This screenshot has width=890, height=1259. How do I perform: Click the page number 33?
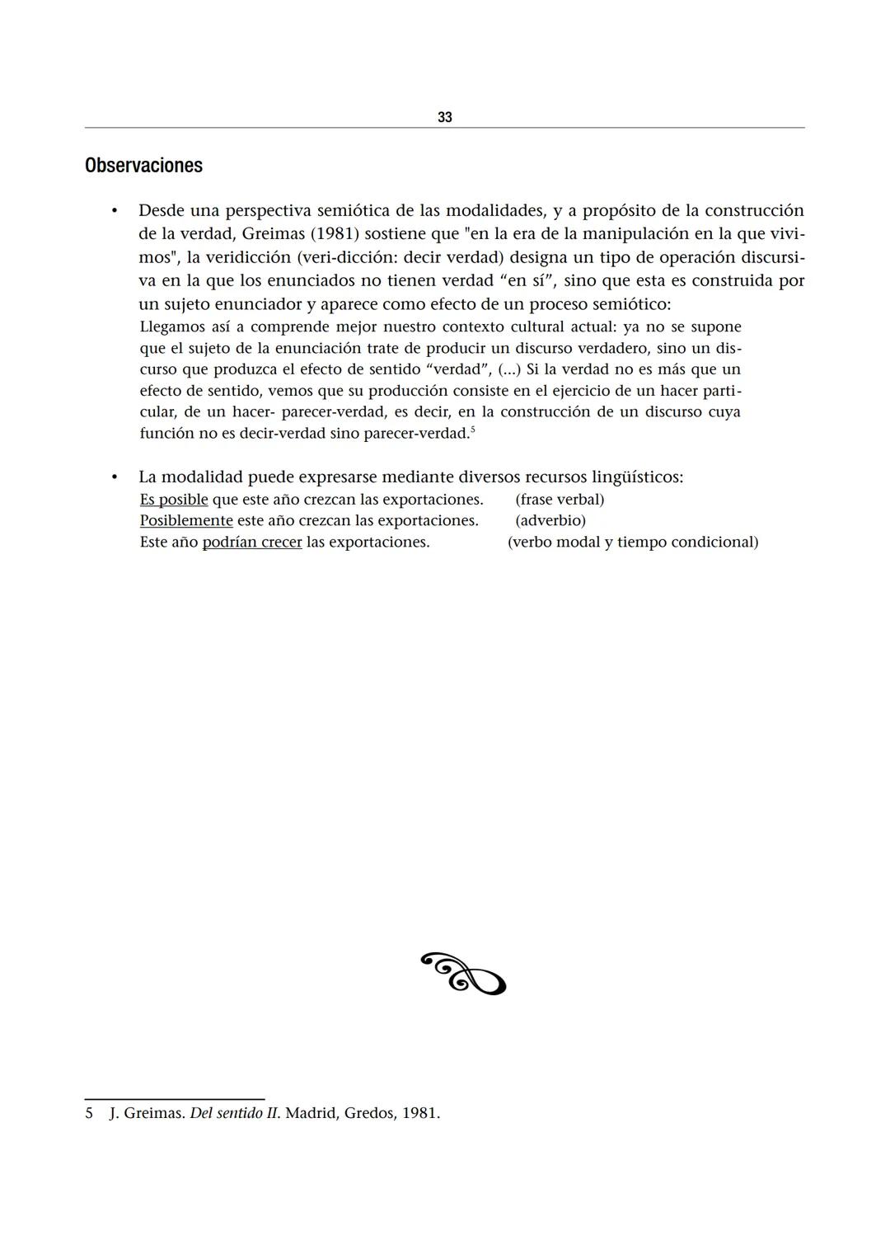444,117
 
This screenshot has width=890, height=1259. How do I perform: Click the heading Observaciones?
143,166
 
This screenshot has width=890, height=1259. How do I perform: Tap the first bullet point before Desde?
115,211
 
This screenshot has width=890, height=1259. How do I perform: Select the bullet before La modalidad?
115,477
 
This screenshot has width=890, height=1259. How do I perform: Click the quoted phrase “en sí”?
527,281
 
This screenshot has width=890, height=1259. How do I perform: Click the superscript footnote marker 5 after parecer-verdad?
472,430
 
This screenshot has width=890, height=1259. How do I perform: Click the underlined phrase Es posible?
174,500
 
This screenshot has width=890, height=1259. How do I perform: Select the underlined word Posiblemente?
186,521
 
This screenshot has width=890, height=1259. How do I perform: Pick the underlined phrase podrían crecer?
252,543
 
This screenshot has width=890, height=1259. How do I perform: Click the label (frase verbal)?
560,500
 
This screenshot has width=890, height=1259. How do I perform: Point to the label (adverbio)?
550,521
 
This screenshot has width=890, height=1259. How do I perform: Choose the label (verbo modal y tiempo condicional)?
633,543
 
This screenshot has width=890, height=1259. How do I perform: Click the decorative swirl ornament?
463,974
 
